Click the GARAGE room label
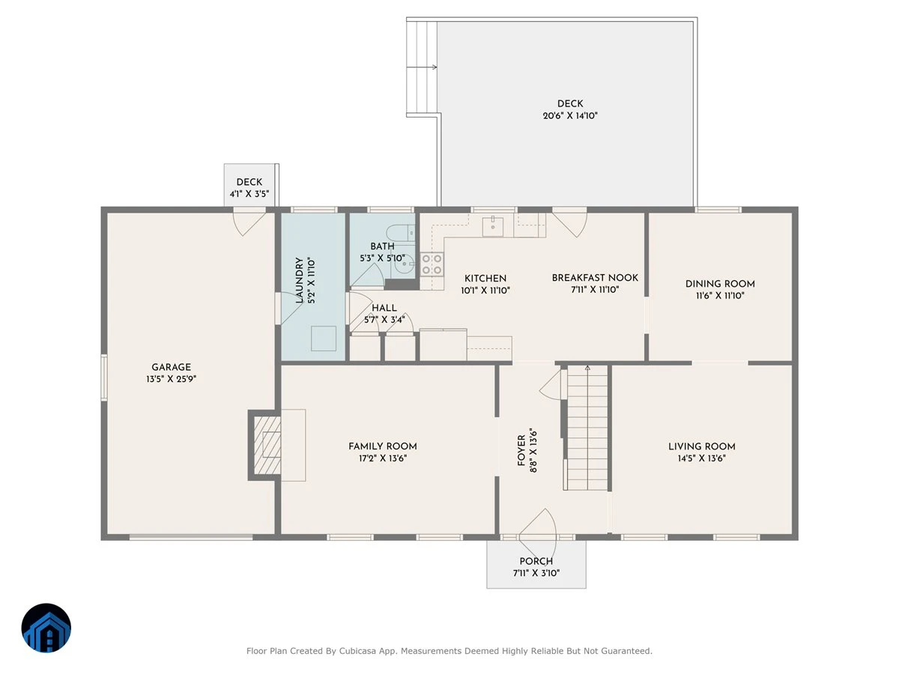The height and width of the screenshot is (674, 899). (x=172, y=367)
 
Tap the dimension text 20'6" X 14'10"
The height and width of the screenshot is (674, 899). (x=570, y=116)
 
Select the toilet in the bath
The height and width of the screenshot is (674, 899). (x=401, y=232)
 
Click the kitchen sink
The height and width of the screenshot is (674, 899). (x=493, y=226)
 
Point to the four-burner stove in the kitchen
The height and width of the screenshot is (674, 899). (x=432, y=264)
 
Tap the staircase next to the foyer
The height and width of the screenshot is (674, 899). (x=587, y=428)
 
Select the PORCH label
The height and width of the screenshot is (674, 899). (x=536, y=561)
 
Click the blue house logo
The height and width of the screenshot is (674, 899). (x=46, y=628)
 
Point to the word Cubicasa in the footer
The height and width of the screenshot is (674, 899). (x=357, y=651)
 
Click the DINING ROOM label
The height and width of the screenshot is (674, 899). (x=720, y=284)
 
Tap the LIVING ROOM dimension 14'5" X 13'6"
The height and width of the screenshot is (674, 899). (x=701, y=458)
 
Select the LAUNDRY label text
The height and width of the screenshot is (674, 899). (x=300, y=280)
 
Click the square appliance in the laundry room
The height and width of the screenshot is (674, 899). (x=324, y=338)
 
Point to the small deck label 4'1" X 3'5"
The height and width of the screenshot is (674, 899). (x=249, y=193)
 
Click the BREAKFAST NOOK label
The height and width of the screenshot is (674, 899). (x=595, y=278)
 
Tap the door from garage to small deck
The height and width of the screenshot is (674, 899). (x=249, y=222)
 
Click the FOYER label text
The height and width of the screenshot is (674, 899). (x=521, y=451)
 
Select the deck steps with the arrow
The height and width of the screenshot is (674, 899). (x=422, y=67)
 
